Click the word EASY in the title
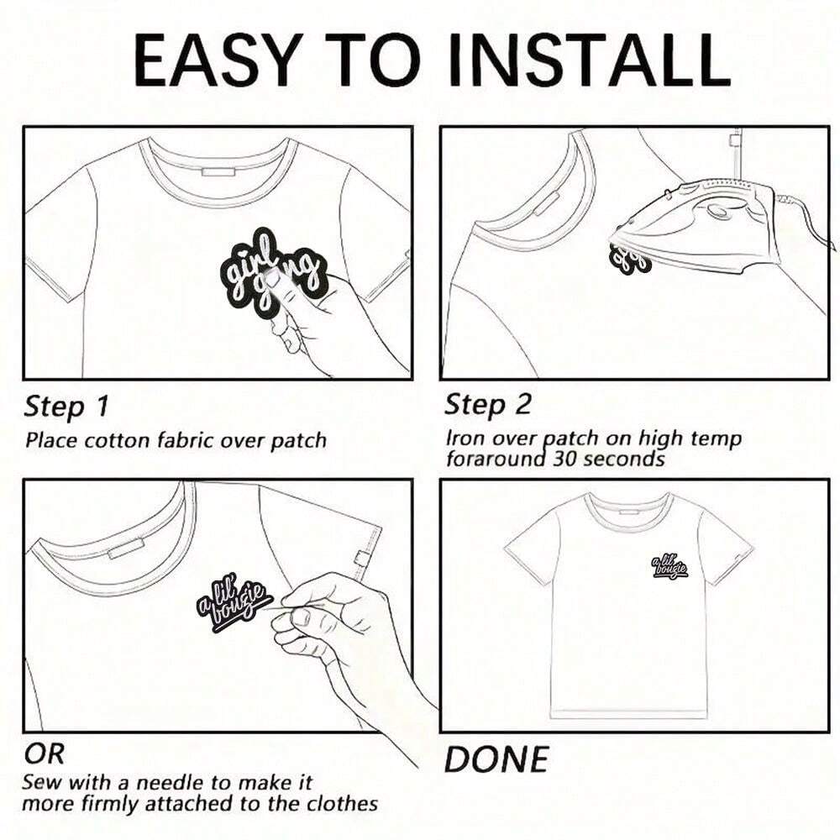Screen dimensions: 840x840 pos(215,60)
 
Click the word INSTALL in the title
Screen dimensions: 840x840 pos(590,60)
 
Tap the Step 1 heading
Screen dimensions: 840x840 pos(66,407)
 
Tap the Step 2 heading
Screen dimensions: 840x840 pos(487,405)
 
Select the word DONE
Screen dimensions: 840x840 pos(496,759)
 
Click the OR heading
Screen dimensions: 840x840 pos(44,754)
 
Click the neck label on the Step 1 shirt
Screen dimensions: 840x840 pos(219,171)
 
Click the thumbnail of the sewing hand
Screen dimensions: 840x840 pos(301,617)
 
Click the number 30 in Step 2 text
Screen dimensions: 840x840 pos(565,459)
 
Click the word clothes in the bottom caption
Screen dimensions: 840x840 pos(342,804)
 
